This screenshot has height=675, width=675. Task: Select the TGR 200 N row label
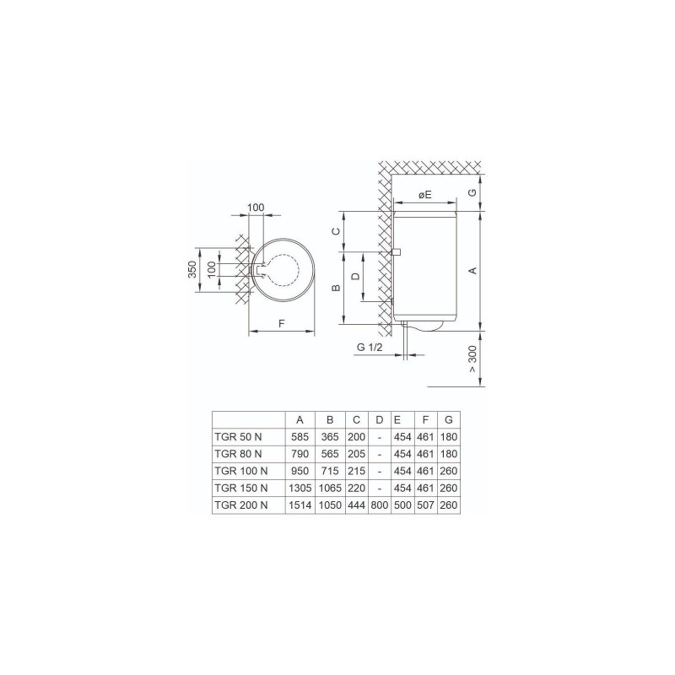click(x=241, y=505)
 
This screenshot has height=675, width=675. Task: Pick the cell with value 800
click(x=379, y=505)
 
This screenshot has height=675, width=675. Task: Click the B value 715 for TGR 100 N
click(x=331, y=471)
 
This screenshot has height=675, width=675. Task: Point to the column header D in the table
click(x=379, y=419)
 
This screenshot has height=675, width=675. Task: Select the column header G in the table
click(x=448, y=419)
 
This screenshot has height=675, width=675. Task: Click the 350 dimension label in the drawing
click(x=192, y=270)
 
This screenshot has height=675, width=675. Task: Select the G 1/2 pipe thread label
click(x=370, y=347)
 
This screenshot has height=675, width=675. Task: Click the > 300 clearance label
click(x=472, y=360)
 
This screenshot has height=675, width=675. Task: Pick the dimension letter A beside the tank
click(x=472, y=270)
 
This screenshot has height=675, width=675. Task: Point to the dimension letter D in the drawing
click(x=356, y=276)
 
